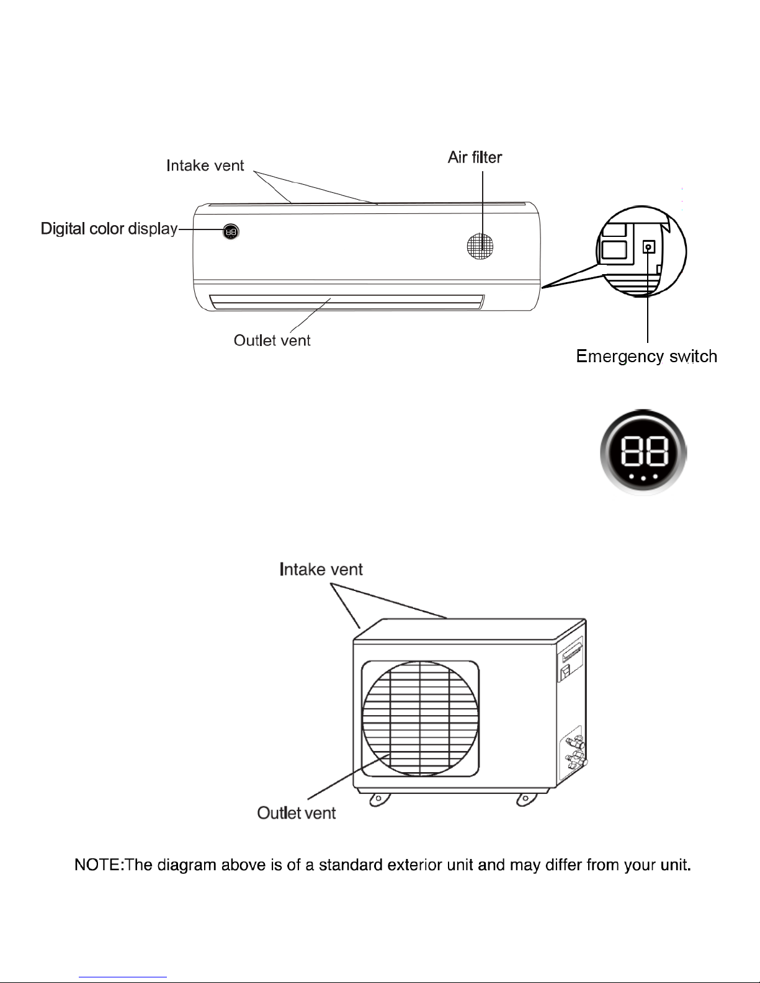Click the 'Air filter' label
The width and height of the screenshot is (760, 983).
pyautogui.click(x=475, y=158)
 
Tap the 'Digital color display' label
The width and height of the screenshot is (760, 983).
pyautogui.click(x=109, y=229)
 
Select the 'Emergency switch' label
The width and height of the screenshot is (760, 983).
pyautogui.click(x=646, y=357)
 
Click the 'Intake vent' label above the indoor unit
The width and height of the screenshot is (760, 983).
pyautogui.click(x=205, y=166)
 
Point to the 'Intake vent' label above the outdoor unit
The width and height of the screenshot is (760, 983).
pyautogui.click(x=321, y=569)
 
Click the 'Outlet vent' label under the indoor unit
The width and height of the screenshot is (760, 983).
pyautogui.click(x=272, y=340)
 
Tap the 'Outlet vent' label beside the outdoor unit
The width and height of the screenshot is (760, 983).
pyautogui.click(x=297, y=813)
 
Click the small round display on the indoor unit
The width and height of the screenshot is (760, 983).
pyautogui.click(x=231, y=231)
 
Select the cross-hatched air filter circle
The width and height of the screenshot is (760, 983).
pyautogui.click(x=480, y=246)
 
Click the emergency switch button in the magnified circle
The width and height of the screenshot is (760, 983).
pyautogui.click(x=648, y=247)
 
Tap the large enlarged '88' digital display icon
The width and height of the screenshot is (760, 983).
pyautogui.click(x=643, y=452)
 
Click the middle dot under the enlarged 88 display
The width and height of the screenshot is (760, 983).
pyautogui.click(x=643, y=478)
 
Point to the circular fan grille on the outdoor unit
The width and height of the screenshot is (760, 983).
pyautogui.click(x=420, y=718)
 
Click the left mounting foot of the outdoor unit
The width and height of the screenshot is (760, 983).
pyautogui.click(x=380, y=800)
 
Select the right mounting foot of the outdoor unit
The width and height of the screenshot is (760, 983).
pyautogui.click(x=527, y=800)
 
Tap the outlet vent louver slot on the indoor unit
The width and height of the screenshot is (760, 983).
pyautogui.click(x=347, y=302)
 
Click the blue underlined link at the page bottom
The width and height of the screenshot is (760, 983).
pyautogui.click(x=123, y=977)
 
